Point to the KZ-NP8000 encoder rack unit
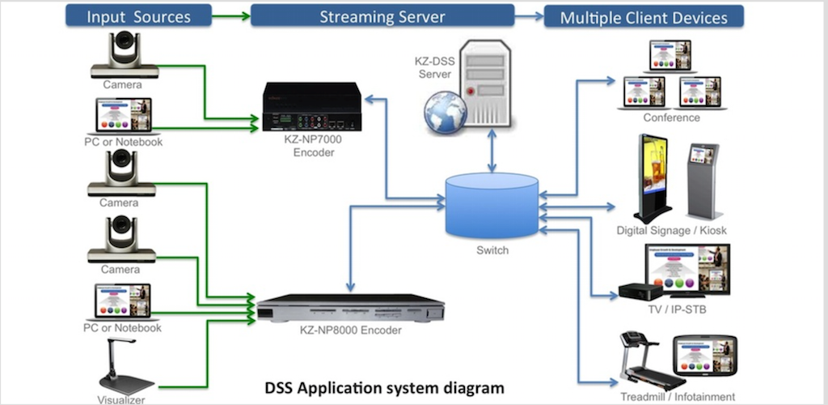(x=350, y=309)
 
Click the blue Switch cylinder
(x=492, y=206)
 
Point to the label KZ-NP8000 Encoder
(x=349, y=330)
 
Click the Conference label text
(x=671, y=117)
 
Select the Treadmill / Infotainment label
(x=678, y=397)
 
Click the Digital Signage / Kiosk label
(x=671, y=231)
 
